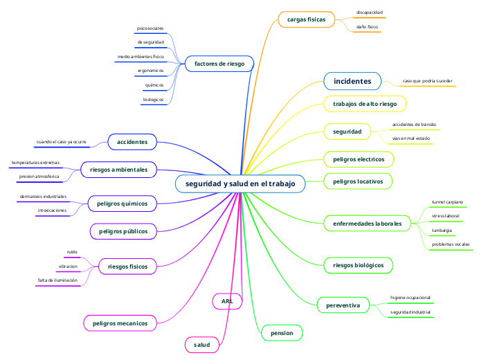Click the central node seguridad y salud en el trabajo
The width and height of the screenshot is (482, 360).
click(240, 183)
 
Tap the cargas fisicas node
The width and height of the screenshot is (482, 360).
click(306, 20)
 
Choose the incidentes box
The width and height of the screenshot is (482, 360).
click(352, 82)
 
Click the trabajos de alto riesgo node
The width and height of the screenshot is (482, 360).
click(365, 104)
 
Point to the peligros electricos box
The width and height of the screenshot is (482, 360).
click(359, 159)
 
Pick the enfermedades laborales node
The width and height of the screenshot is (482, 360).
click(367, 223)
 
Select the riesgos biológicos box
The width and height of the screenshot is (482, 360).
click(359, 264)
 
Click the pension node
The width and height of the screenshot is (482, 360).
click(281, 334)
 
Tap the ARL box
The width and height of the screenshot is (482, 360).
click(227, 301)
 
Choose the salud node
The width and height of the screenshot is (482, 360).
click(202, 344)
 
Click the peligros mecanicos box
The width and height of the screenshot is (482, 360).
click(120, 323)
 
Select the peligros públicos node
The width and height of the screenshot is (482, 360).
click(123, 231)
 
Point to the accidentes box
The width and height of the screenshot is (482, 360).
click(132, 142)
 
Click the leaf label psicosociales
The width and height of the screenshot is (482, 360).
click(150, 28)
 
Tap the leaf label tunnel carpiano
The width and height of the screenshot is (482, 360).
click(447, 202)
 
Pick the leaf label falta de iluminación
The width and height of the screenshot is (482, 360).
click(58, 280)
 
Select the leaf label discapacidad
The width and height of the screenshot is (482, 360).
click(369, 12)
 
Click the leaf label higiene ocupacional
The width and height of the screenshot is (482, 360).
click(411, 297)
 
